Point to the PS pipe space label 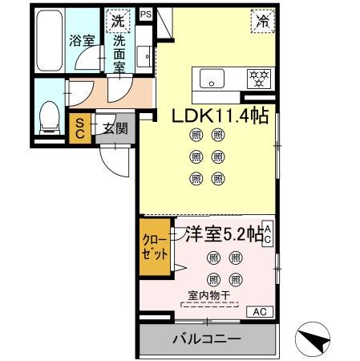[x=145, y=14]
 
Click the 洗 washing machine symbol [x=118, y=19]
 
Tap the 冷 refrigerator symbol [x=261, y=21]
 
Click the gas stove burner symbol [x=258, y=79]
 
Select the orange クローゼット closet [x=156, y=248]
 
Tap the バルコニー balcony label [x=206, y=339]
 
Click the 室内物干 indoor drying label [x=208, y=295]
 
